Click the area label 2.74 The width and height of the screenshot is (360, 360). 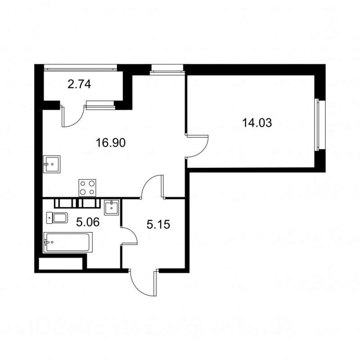tap(79, 84)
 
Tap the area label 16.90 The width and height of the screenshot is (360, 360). tap(110, 143)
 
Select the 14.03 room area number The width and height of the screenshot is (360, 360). tap(257, 122)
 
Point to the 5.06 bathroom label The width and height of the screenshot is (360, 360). tap(88, 222)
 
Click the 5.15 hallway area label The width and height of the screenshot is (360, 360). tap(158, 224)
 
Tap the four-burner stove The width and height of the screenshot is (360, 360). tap(87, 188)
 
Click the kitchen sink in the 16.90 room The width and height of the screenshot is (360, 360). tap(52, 164)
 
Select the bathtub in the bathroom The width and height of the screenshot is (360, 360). tap(68, 242)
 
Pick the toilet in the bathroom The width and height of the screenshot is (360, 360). tap(57, 218)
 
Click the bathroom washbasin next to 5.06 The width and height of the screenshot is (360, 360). tap(112, 207)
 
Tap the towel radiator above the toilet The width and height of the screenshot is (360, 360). tap(77, 203)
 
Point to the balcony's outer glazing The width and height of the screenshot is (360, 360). tap(81, 68)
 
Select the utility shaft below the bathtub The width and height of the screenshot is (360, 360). tap(61, 263)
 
